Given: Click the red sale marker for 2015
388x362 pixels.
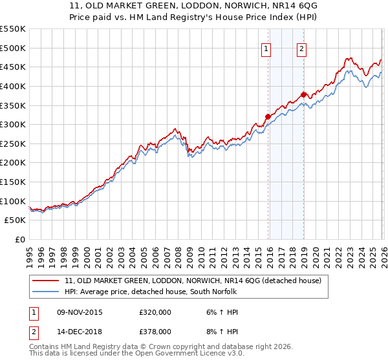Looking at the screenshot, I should [268, 117].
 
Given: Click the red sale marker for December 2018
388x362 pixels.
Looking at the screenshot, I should [303, 95].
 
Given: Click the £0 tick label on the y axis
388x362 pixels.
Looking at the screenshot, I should [19, 240].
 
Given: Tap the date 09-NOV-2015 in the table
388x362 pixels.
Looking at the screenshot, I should [80, 312].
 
